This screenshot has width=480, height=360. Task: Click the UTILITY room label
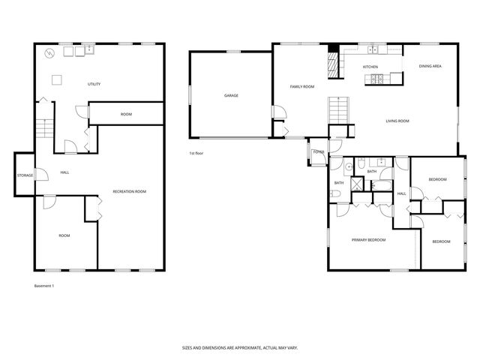point(94,84)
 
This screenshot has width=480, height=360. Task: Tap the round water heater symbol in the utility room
point(50,53)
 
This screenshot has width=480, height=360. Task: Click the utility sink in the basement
point(88,49)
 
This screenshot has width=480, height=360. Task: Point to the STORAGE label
point(25,175)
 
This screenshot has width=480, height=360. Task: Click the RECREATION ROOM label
point(129,192)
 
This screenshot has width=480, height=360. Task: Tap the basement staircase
point(45,128)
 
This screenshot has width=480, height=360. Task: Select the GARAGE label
point(231,95)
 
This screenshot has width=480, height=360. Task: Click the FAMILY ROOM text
point(302,87)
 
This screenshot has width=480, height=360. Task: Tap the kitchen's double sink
point(373,50)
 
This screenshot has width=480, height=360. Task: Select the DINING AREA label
point(430,67)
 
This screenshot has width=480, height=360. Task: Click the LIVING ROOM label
point(397,121)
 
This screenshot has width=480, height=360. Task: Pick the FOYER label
point(318,152)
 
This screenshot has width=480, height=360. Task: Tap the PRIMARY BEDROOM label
point(369,240)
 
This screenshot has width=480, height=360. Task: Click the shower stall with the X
point(372,172)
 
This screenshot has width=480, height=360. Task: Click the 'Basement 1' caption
point(44,286)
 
